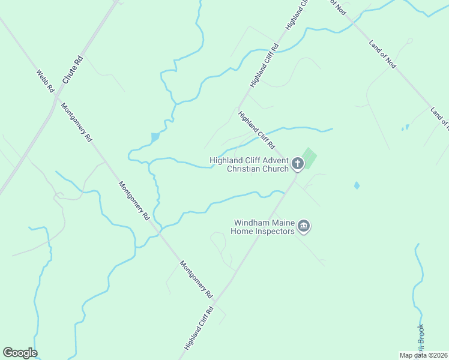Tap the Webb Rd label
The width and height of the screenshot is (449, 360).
(45, 81)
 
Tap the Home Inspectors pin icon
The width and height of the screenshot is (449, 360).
(304, 226)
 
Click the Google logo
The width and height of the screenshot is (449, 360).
(20, 353)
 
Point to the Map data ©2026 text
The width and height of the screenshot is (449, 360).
(424, 355)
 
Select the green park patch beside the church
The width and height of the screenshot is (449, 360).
(309, 158)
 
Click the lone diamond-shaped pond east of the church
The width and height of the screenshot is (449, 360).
(357, 185)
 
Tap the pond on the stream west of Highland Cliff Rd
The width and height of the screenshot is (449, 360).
(155, 137)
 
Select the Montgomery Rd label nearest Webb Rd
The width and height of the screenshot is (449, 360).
(77, 122)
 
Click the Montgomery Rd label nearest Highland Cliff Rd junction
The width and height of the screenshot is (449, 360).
(197, 278)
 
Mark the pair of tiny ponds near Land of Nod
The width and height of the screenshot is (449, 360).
(405, 127)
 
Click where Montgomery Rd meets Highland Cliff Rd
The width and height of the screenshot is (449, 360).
(217, 300)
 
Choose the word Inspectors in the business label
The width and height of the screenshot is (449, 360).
(274, 232)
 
